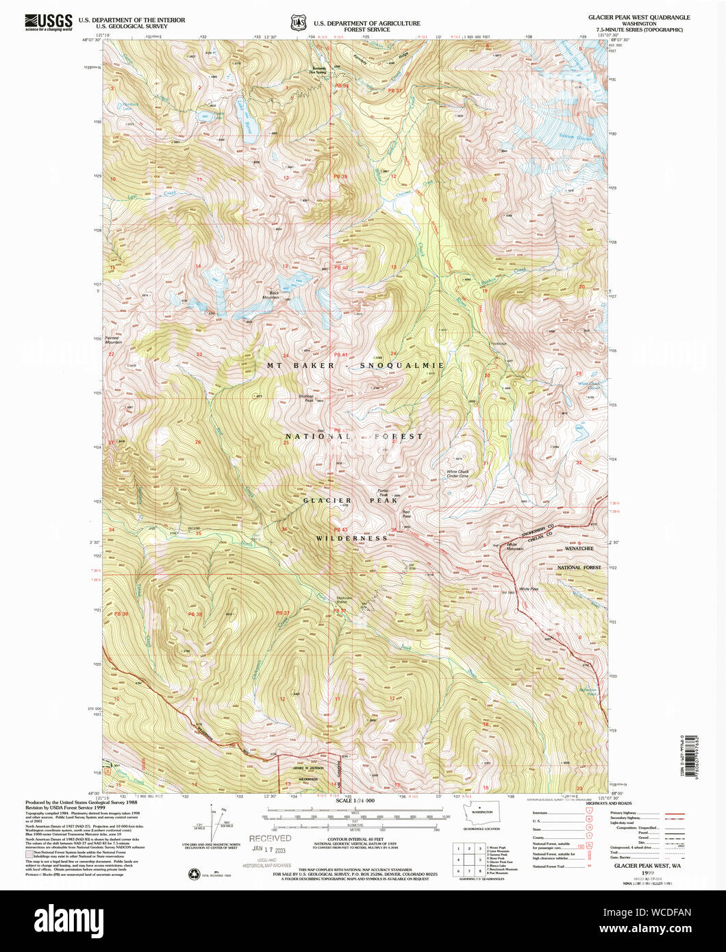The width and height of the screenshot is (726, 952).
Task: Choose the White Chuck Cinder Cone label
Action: (462, 474)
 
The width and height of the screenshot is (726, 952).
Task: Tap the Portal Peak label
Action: (384, 493)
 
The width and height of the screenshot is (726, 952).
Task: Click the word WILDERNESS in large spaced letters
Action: (352, 538)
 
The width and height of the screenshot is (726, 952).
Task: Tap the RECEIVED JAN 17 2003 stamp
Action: (269, 843)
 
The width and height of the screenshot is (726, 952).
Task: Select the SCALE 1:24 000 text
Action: (356, 801)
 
